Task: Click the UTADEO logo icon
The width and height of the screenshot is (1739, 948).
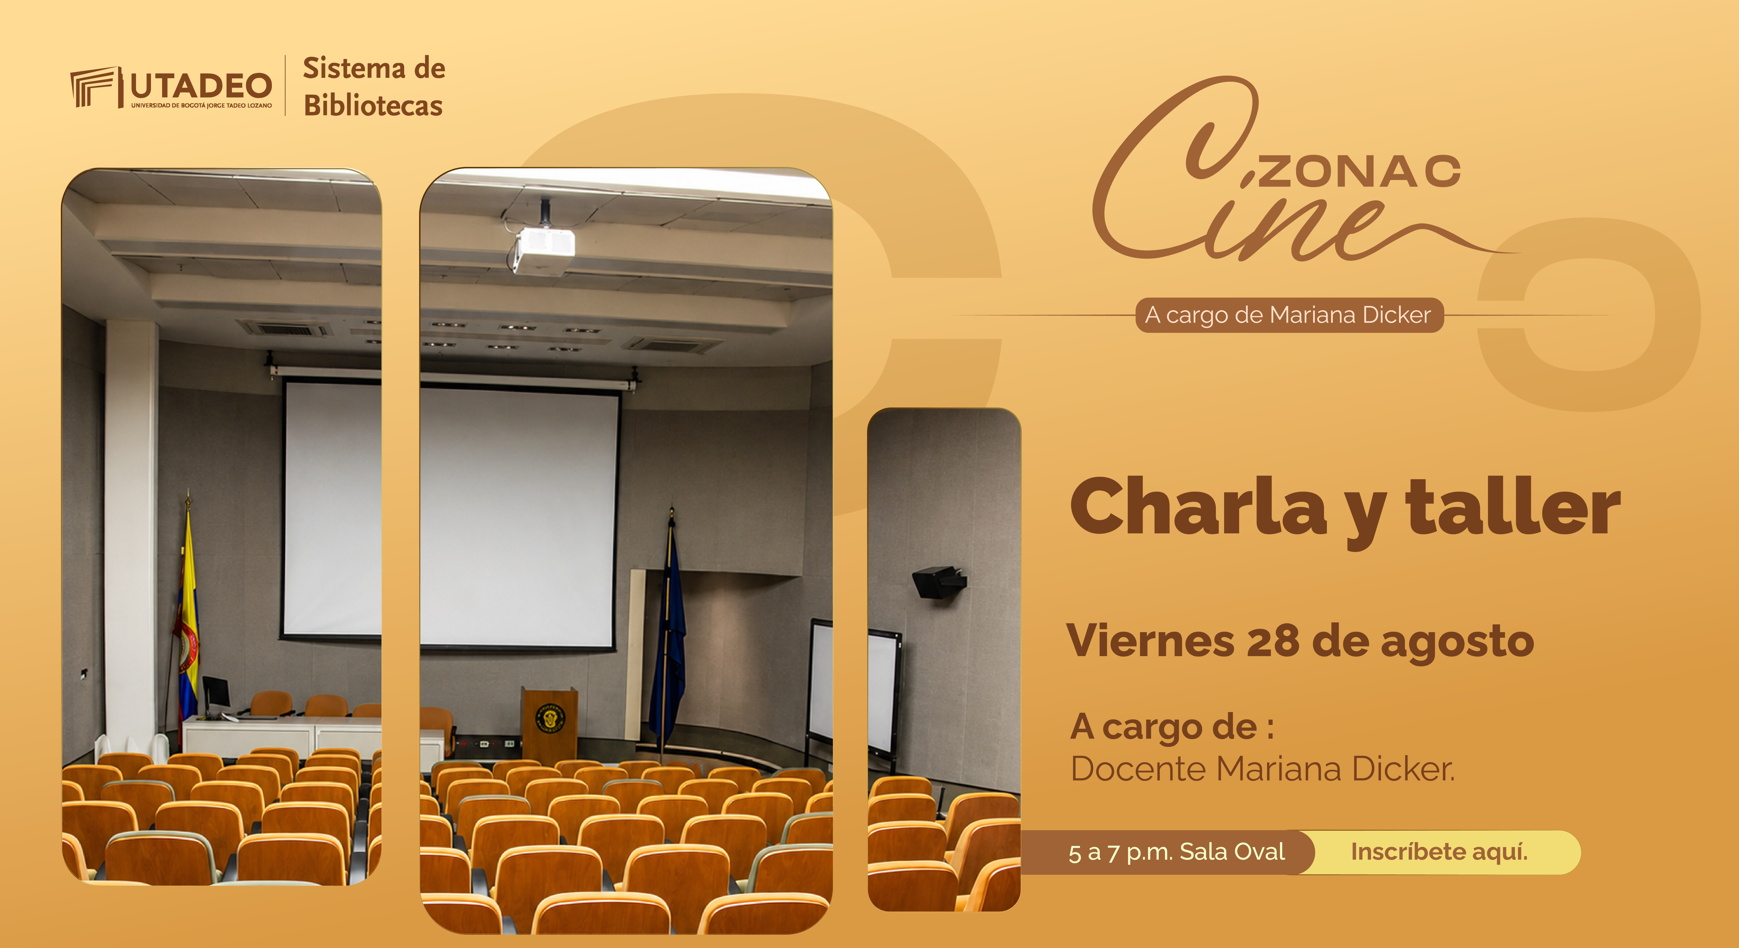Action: (95, 87)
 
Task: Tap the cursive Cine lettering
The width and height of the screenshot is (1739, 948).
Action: (1249, 172)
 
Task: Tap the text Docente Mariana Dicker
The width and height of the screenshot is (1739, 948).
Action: (1262, 768)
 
